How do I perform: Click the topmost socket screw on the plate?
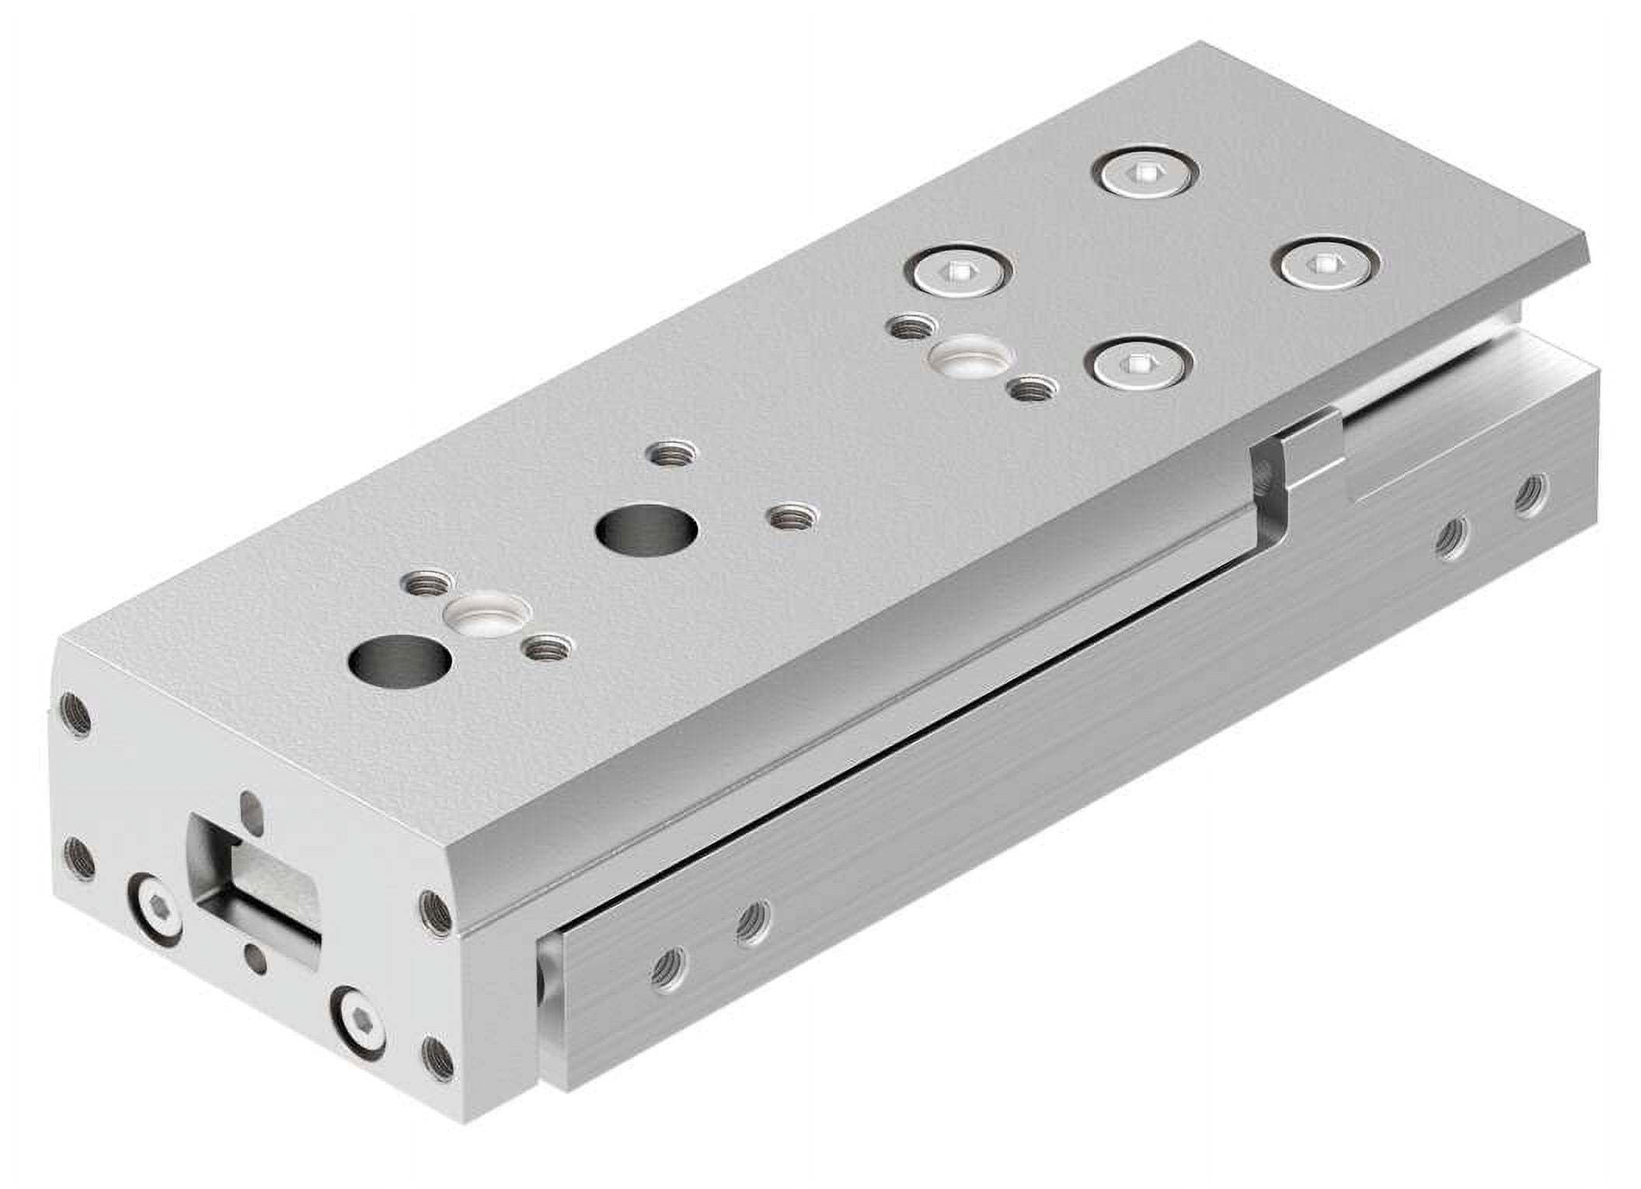[1145, 176]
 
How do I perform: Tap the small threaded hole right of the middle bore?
[793, 516]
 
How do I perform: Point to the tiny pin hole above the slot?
[250, 805]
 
